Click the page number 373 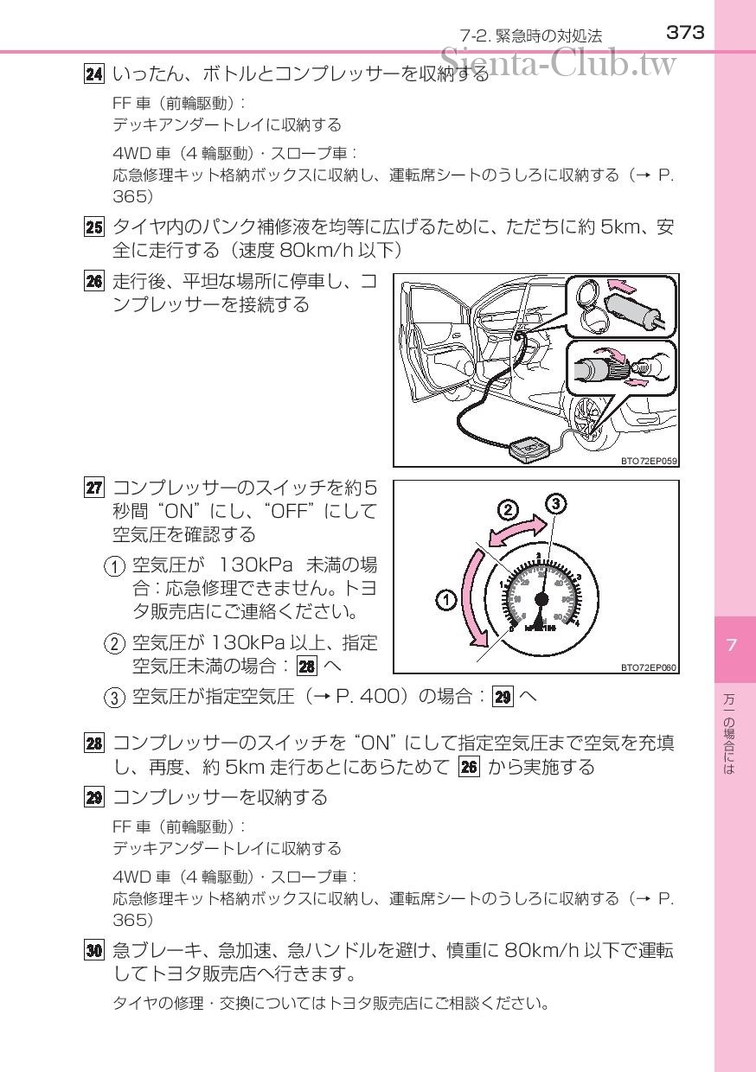[x=685, y=33]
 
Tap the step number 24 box [x=93, y=74]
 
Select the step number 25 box [x=93, y=227]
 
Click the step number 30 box [x=93, y=950]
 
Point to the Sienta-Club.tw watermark [x=558, y=63]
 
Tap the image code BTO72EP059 [x=649, y=461]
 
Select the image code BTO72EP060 [x=649, y=667]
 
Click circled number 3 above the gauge [x=555, y=503]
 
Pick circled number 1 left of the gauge [x=445, y=600]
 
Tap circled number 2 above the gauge [x=508, y=510]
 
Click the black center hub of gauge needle [x=542, y=598]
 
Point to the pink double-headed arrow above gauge [x=516, y=532]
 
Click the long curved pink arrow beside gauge [x=468, y=598]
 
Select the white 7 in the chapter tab [x=731, y=645]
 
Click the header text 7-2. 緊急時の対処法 [x=531, y=36]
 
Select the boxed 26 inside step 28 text [x=469, y=768]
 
